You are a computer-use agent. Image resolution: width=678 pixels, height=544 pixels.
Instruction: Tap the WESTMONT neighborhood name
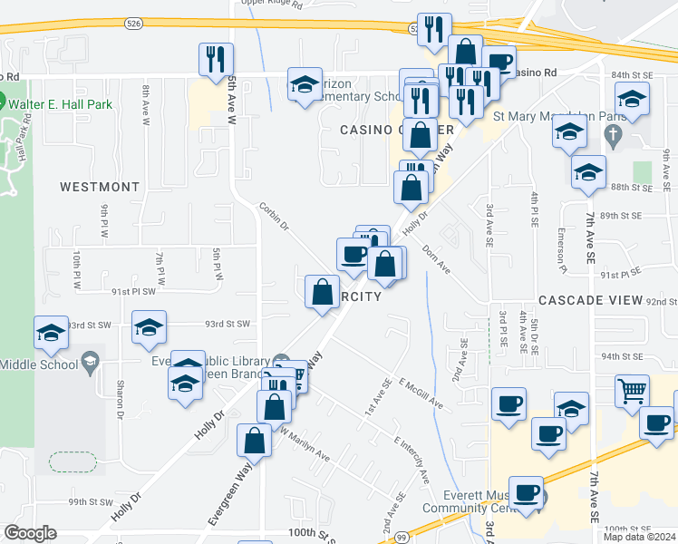pyautogui.click(x=100, y=187)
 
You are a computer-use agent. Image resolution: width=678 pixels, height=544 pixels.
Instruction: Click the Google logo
pyautogui.click(x=30, y=533)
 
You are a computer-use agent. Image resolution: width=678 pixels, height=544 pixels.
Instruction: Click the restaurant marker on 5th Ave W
pyautogui.click(x=216, y=61)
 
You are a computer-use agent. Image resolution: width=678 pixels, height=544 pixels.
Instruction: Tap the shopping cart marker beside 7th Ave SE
pyautogui.click(x=632, y=391)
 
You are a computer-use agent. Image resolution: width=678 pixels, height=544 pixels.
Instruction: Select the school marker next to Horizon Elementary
pyautogui.click(x=305, y=85)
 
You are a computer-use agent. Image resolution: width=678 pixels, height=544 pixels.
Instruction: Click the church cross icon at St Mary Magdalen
pyautogui.click(x=613, y=137)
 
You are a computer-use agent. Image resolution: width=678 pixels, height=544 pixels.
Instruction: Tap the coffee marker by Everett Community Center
pyautogui.click(x=526, y=493)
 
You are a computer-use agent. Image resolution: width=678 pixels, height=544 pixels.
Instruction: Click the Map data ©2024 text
pyautogui.click(x=640, y=537)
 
